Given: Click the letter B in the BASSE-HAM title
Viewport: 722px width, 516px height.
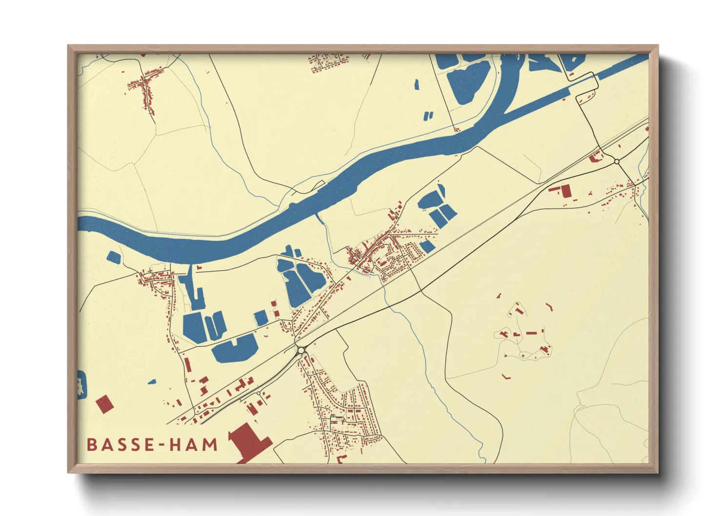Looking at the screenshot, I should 92,445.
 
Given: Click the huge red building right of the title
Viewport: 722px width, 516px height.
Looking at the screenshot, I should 250,441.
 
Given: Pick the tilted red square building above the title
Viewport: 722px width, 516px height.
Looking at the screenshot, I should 104,404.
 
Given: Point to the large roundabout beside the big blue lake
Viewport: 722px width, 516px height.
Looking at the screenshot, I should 301,350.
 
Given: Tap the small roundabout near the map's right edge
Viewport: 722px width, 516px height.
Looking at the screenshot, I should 617,161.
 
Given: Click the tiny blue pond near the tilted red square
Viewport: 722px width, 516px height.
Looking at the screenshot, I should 152,382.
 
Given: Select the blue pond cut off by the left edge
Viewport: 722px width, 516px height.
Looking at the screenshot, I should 81,384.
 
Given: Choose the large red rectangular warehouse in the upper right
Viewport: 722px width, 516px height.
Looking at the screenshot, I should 566,191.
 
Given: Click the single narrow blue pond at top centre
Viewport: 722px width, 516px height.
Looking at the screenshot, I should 417,84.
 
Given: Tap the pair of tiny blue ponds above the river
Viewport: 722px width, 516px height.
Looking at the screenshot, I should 428,116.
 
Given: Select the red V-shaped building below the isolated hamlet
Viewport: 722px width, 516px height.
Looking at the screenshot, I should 506,377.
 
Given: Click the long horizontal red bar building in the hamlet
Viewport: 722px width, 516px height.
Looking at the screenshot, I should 532,333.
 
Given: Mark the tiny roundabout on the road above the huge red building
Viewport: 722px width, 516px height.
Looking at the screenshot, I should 258,393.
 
